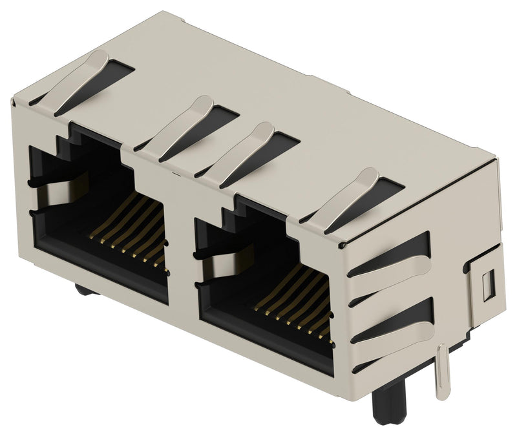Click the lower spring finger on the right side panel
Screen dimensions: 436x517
point(388,323)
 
